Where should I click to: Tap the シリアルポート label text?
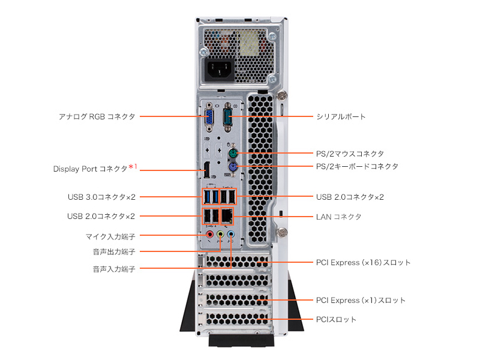click(x=341, y=116)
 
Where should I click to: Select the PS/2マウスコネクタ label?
click(x=350, y=154)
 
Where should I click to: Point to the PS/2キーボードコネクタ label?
click(x=357, y=166)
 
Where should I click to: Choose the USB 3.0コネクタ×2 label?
click(x=101, y=196)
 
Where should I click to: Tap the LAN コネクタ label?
click(x=338, y=216)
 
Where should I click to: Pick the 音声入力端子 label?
click(x=113, y=269)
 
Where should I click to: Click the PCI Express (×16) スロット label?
click(x=363, y=263)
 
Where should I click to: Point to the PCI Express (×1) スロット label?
click(x=361, y=300)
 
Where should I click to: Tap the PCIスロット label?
click(x=336, y=319)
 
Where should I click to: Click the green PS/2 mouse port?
click(x=234, y=152)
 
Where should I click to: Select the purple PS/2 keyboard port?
click(x=234, y=169)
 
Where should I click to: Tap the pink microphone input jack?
click(x=210, y=235)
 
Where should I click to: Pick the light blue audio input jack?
click(x=231, y=235)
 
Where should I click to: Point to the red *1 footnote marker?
click(x=133, y=167)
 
